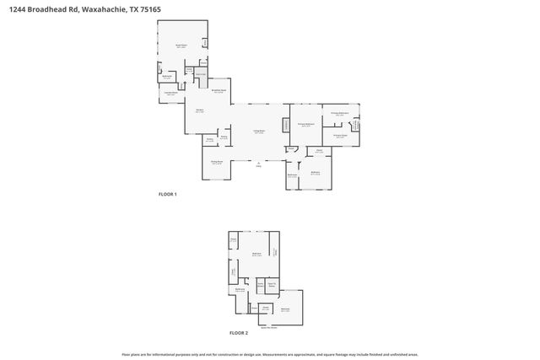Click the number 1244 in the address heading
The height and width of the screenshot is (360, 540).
click(11, 7)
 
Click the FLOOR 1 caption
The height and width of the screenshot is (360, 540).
click(167, 194)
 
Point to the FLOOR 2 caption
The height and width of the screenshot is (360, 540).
click(239, 333)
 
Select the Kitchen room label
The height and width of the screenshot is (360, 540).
click(201, 110)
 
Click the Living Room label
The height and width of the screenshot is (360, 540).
click(260, 132)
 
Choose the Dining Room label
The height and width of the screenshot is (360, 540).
click(216, 162)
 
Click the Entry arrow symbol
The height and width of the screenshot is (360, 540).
click(258, 163)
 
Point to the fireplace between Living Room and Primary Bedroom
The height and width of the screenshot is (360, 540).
click(284, 125)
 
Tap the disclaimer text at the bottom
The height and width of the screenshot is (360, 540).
click(270, 354)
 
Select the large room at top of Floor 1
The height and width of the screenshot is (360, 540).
click(181, 42)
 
